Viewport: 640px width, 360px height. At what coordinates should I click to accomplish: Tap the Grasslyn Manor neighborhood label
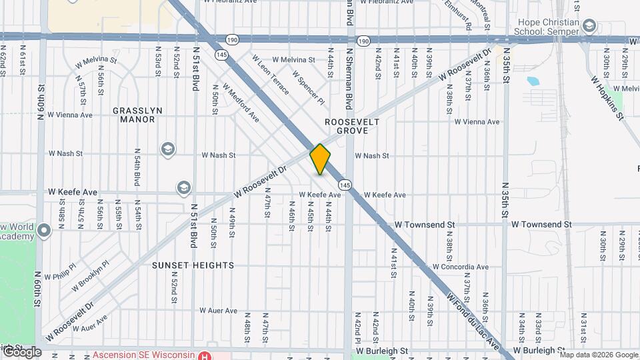coord(133,115)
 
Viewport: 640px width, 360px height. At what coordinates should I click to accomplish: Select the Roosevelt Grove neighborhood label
coord(352,127)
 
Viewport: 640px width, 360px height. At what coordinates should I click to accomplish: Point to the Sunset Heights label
coord(193,265)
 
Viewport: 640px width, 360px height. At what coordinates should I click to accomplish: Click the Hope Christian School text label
coord(545,26)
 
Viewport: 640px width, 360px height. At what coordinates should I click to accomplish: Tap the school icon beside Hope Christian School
coord(589,26)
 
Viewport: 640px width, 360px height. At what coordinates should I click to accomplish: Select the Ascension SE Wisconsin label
coord(146,355)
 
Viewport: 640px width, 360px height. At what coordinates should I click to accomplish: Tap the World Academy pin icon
coord(45,231)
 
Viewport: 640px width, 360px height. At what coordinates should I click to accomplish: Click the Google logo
coord(21,351)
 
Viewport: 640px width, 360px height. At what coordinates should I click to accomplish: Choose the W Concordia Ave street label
coord(460,267)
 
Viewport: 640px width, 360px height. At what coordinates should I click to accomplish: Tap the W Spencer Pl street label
coord(308,89)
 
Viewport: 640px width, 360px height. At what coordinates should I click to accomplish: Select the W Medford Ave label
coord(241,103)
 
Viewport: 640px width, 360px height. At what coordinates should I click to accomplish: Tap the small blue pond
coord(533,82)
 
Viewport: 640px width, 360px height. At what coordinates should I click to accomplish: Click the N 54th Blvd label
coord(137,167)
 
